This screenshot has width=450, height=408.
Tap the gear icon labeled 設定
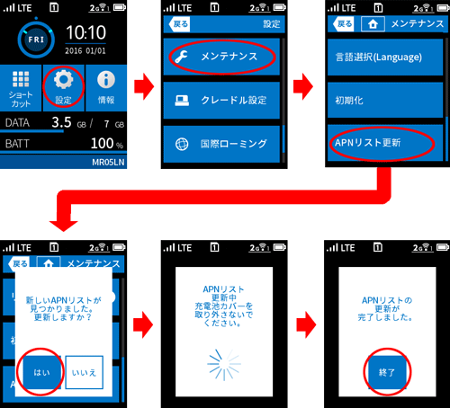(63, 79)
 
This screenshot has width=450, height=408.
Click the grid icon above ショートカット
(21, 79)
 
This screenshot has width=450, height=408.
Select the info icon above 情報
(106, 80)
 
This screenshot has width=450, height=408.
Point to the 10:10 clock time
(85, 32)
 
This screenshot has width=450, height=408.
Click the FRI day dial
(36, 40)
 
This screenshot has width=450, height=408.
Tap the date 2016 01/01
(85, 51)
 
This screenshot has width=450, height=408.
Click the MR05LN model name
(108, 163)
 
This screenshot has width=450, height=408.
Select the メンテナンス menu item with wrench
(221, 57)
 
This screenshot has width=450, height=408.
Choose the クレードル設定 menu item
(221, 100)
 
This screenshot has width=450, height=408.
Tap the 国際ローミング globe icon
(182, 144)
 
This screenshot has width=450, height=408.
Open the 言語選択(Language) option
(385, 57)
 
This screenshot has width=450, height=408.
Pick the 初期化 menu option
(385, 100)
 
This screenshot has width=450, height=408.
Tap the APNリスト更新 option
(385, 143)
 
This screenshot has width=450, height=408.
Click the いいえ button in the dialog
(84, 372)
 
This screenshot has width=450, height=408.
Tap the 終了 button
(387, 372)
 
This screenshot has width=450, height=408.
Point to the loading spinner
(224, 365)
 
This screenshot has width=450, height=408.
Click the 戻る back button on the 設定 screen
(179, 24)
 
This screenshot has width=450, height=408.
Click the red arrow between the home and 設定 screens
(144, 86)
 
